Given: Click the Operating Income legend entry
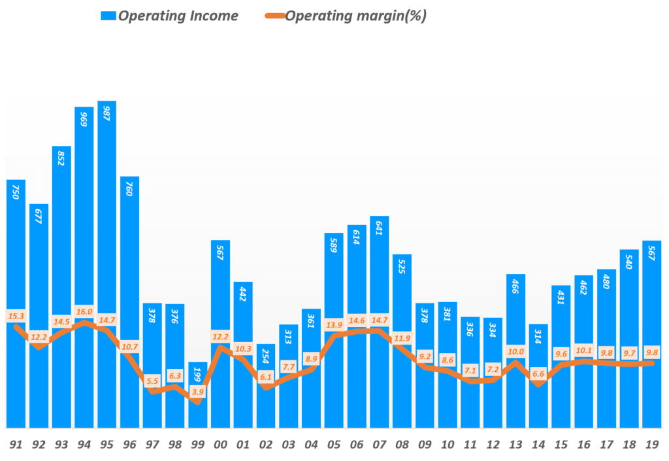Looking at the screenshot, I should tap(170, 16).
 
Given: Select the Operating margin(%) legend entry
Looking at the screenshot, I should tap(346, 16).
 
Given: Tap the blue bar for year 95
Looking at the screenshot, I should tap(107, 262).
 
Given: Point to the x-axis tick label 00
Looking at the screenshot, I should tap(220, 445).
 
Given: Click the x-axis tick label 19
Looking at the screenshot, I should tap(651, 445).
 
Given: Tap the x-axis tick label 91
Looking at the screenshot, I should tap(16, 445).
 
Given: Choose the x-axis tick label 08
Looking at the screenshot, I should tap(402, 445).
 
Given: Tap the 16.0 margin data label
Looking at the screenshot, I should tap(84, 312).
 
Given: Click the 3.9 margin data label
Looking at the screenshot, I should tap(198, 392).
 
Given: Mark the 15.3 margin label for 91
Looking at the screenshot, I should tap(16, 316).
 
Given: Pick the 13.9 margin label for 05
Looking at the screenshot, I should tap(334, 325).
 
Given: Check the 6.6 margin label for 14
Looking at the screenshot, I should tap(538, 373).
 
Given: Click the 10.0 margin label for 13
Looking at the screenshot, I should tap(516, 350).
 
